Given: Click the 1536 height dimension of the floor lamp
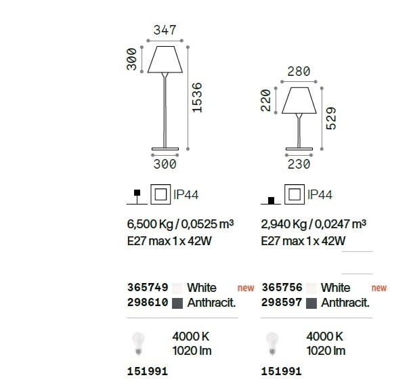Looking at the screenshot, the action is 197,98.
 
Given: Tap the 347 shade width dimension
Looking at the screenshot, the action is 165,30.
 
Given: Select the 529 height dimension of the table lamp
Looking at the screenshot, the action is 331,118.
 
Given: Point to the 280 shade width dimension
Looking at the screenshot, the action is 299,72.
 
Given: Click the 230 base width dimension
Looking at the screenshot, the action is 299,164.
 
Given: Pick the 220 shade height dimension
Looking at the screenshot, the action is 266,100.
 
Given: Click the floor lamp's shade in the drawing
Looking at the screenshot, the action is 165,60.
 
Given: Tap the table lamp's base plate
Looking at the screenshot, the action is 299,149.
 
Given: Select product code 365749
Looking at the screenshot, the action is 148,287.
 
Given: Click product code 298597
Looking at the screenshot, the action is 282,302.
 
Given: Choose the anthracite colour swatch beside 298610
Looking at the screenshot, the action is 177,303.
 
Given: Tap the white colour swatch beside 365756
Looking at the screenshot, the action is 311,288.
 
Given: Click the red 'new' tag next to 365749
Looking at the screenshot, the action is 246,288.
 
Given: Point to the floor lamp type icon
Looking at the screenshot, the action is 137,197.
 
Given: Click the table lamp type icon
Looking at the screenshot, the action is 271,200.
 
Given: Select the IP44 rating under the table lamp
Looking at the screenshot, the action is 320,195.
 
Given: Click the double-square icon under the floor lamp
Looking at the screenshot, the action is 160,194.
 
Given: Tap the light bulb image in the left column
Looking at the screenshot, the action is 139,343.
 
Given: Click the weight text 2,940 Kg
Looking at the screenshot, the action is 283,224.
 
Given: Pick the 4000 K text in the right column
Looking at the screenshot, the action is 325,337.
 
